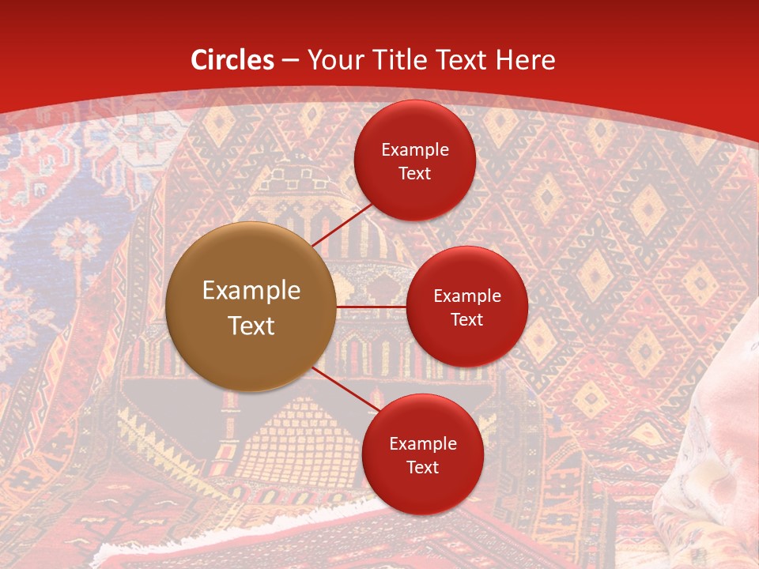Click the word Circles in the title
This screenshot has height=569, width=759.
pyautogui.click(x=232, y=60)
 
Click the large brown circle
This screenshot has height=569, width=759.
pyautogui.click(x=251, y=307)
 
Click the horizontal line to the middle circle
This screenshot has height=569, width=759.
pyautogui.click(x=371, y=306)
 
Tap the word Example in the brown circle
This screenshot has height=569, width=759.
pyautogui.click(x=251, y=291)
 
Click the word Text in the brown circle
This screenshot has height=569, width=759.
pyautogui.click(x=251, y=326)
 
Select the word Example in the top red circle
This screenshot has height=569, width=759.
pyautogui.click(x=415, y=150)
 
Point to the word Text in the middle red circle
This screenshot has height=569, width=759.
pyautogui.click(x=466, y=319)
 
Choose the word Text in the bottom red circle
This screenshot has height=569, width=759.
pyautogui.click(x=422, y=467)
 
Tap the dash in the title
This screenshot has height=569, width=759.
pyautogui.click(x=290, y=60)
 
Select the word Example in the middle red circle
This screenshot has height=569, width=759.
pyautogui.click(x=467, y=296)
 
